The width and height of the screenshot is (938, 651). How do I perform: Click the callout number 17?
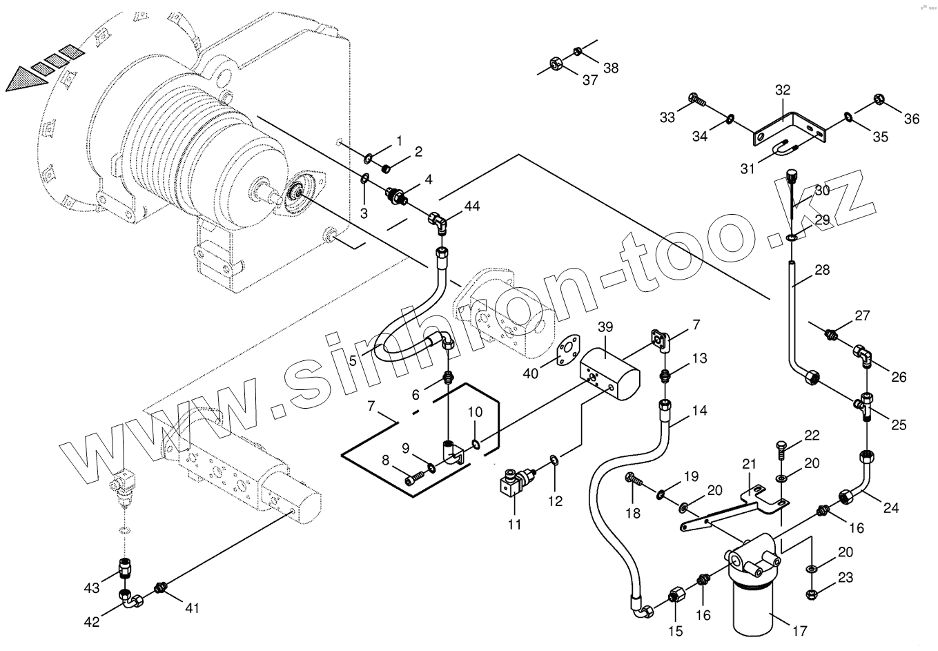(799, 630)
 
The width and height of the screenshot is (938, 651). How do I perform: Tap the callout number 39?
(605, 327)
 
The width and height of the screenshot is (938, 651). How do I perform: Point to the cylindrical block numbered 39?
(610, 374)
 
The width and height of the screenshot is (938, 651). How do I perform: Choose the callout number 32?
(782, 90)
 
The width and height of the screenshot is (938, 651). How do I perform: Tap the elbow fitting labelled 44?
(438, 220)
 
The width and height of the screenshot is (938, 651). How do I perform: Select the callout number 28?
(822, 270)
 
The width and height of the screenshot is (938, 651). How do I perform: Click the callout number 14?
(699, 410)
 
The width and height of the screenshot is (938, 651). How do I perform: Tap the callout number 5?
(353, 360)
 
